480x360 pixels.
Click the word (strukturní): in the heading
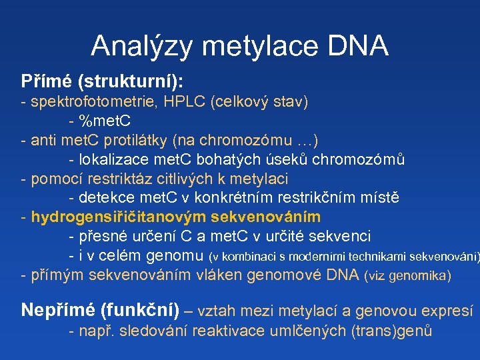tap(131, 82)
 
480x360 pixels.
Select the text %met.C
tap(105, 122)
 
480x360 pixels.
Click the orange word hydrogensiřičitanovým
tap(119, 217)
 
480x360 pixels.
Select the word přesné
tap(101, 237)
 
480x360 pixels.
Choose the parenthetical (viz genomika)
tap(407, 275)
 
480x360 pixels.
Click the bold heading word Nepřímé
tap(58, 310)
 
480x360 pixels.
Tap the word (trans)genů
tap(391, 330)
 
